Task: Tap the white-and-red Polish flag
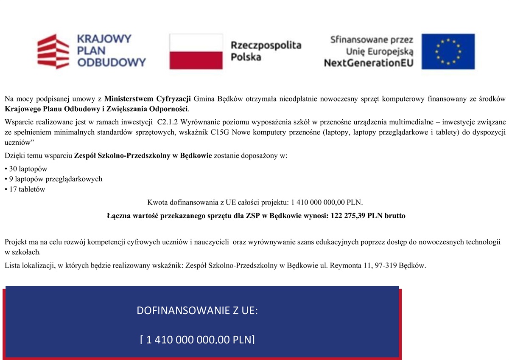click(196, 51)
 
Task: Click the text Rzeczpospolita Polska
click(266, 51)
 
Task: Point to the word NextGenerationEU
click(368, 63)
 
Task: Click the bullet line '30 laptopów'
click(28, 169)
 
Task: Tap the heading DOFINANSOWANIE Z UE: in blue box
click(197, 311)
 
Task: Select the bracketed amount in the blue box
click(197, 340)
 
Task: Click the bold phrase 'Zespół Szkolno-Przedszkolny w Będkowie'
click(143, 156)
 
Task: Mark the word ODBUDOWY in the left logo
click(111, 63)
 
